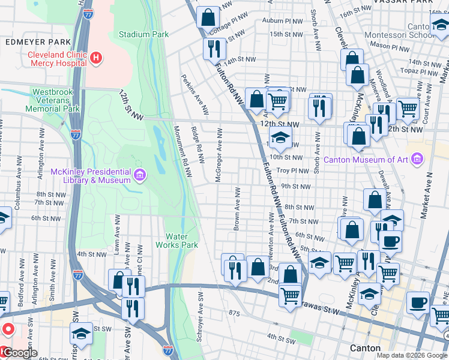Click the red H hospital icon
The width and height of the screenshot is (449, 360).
pyautogui.click(x=96, y=58)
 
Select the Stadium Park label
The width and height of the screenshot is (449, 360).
pyautogui.click(x=143, y=34)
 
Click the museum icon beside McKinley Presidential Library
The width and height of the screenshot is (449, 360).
pyautogui.click(x=139, y=175)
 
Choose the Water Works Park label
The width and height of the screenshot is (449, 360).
pyautogui.click(x=177, y=241)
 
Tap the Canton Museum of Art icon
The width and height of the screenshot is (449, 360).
pyautogui.click(x=418, y=160)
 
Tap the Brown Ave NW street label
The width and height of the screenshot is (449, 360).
pyautogui.click(x=238, y=209)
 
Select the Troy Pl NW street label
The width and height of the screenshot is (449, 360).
pyautogui.click(x=293, y=171)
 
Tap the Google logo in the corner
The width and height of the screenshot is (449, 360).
pyautogui.click(x=19, y=353)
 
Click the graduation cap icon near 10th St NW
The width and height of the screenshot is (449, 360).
pyautogui.click(x=280, y=138)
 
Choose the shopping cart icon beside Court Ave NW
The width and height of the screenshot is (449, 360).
pyautogui.click(x=407, y=109)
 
